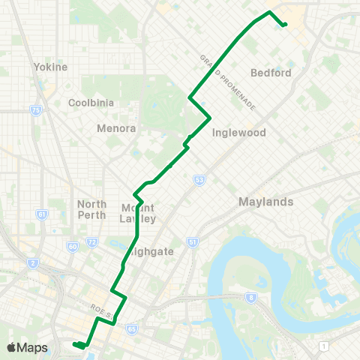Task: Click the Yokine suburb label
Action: (x=51, y=67)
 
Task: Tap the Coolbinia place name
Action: (x=91, y=103)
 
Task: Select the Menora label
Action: (x=116, y=128)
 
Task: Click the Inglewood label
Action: (x=239, y=133)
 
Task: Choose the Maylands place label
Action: (x=265, y=202)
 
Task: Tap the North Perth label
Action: (x=92, y=209)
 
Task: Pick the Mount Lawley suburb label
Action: (x=139, y=213)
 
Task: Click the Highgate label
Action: (x=151, y=252)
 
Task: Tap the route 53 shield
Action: (x=199, y=180)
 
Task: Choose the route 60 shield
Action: (x=72, y=246)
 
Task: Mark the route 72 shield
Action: (x=92, y=242)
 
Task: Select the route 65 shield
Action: (x=132, y=328)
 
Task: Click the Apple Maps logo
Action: (x=27, y=347)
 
